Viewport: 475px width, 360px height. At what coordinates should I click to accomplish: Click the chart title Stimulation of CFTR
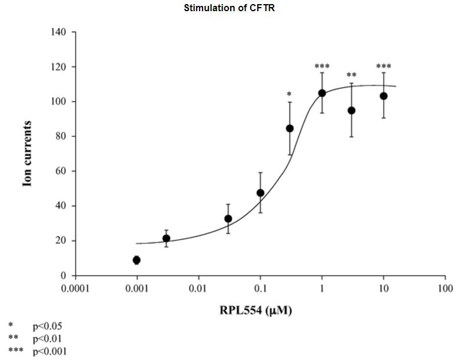tap(237, 8)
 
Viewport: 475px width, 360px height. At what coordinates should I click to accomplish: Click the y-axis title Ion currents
tap(27, 154)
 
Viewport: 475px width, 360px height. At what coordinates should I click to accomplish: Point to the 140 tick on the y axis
tap(58, 32)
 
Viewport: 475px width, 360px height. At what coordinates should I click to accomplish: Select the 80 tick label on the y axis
tap(61, 136)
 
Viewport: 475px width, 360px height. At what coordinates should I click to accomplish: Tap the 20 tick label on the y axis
tap(61, 241)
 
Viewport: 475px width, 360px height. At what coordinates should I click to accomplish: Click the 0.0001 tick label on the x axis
tap(75, 288)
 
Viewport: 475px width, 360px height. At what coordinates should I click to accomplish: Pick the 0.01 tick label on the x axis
tap(198, 288)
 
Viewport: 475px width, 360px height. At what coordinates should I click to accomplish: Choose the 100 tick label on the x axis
tap(446, 288)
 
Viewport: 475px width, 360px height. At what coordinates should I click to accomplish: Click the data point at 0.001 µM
tap(137, 260)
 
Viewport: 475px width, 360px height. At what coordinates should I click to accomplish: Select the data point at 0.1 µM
tap(260, 193)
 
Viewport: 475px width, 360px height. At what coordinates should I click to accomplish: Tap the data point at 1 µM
tap(322, 93)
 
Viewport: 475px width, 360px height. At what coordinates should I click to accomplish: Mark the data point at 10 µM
tap(384, 96)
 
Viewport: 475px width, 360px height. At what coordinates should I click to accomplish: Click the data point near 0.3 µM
tap(290, 128)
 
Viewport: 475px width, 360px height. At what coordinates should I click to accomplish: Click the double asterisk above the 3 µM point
tap(351, 75)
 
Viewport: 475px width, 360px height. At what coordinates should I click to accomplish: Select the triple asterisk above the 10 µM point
tap(384, 66)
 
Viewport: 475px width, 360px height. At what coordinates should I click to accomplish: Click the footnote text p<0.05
tap(47, 325)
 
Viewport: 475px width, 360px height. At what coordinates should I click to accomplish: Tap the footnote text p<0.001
tap(49, 351)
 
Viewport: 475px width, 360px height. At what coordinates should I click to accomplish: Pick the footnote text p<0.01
tap(47, 338)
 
